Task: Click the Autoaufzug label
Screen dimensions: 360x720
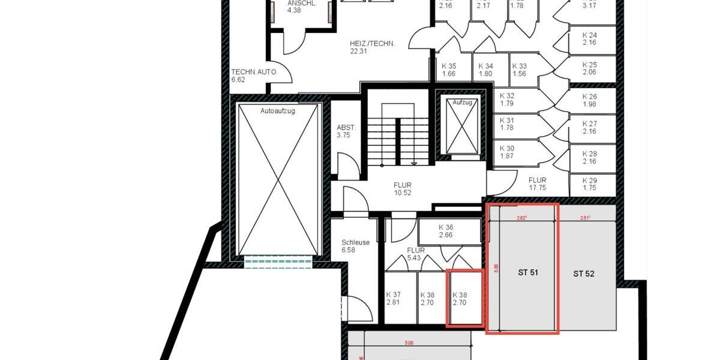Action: [x=277, y=112]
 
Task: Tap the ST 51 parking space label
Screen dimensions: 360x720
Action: [x=528, y=272]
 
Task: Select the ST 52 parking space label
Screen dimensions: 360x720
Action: [x=583, y=274]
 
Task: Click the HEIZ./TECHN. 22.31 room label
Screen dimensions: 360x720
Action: [x=372, y=47]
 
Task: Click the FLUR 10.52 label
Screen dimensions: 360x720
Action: [x=403, y=189]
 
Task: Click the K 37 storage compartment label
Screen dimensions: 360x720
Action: [x=394, y=299]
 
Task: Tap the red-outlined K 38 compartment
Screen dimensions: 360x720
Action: [x=464, y=299]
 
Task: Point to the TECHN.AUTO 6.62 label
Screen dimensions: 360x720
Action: [x=254, y=75]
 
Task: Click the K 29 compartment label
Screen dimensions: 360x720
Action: [x=589, y=184]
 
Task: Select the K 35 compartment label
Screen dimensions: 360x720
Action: [x=449, y=70]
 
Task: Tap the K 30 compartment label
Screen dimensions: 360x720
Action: [x=507, y=152]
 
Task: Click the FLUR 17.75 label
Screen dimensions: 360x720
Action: [x=537, y=184]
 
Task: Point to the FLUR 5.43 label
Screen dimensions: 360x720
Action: [x=416, y=254]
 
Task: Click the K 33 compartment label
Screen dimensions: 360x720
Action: [x=520, y=70]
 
